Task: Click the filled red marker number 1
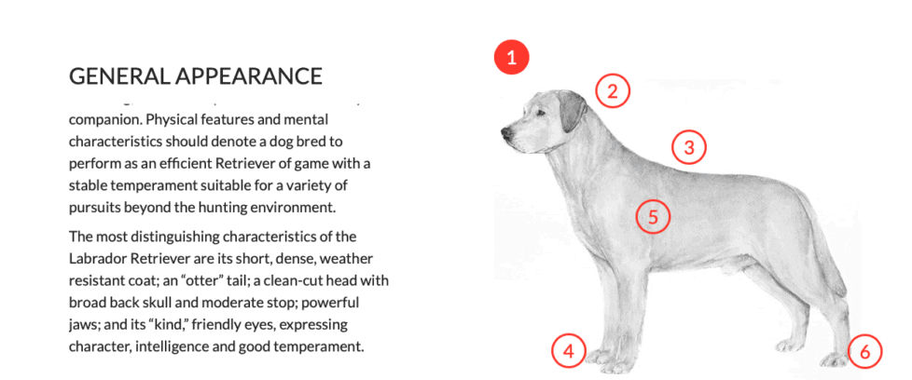click(x=511, y=58)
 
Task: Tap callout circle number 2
click(x=613, y=91)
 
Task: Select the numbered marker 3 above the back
click(x=688, y=147)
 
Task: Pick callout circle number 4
click(x=568, y=351)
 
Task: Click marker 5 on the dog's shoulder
click(x=653, y=217)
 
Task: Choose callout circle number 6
click(x=864, y=352)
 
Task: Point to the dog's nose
click(x=504, y=131)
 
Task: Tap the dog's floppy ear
click(x=571, y=115)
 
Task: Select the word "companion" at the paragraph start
click(x=105, y=120)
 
